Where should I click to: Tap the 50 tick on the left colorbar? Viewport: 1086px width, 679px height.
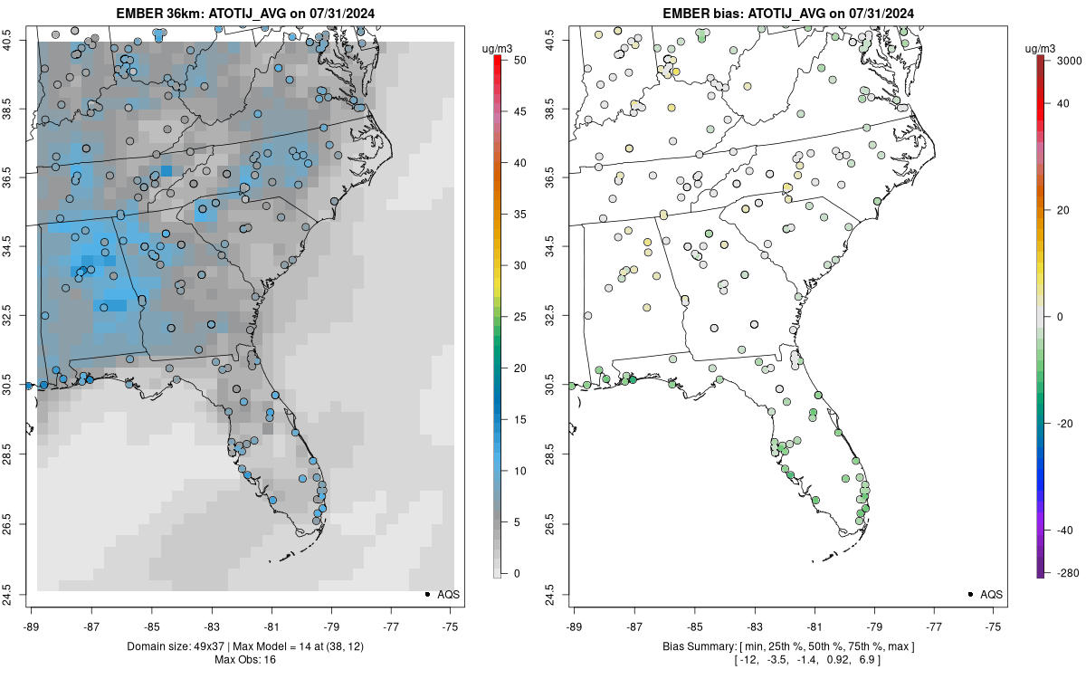(x=514, y=60)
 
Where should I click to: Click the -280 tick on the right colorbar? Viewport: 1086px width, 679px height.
(x=1064, y=573)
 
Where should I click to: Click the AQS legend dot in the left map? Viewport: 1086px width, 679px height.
(x=426, y=595)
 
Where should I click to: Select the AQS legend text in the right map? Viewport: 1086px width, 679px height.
(x=992, y=595)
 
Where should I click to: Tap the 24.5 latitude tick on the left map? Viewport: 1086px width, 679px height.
(x=15, y=593)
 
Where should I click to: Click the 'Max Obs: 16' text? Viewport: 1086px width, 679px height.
(x=245, y=659)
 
